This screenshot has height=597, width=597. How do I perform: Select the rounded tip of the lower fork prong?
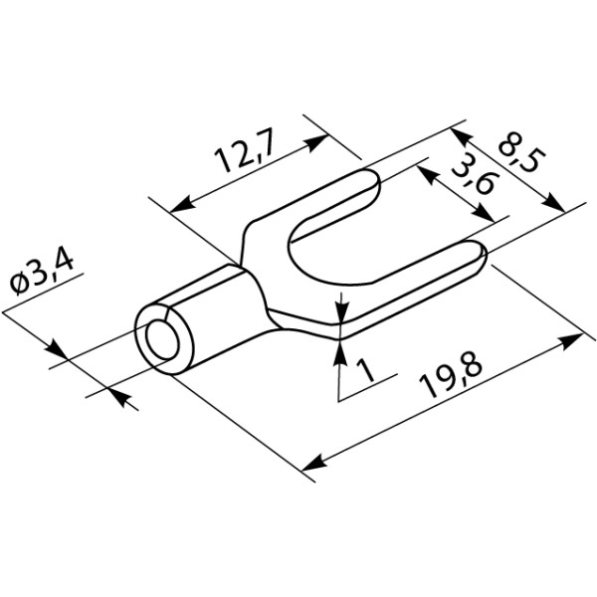pos(483,255)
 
